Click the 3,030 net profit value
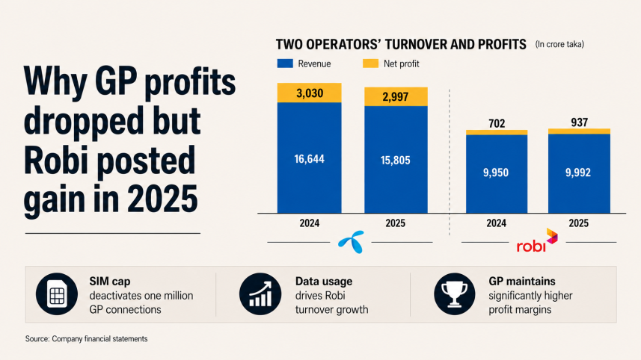click(x=310, y=93)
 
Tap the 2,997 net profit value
click(x=396, y=97)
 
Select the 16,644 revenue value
click(x=309, y=159)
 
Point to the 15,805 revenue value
click(x=396, y=160)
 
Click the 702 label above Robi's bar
click(x=497, y=123)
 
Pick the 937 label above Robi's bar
click(x=579, y=122)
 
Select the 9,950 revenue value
click(x=496, y=173)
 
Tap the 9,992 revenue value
click(x=578, y=173)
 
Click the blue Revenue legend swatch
click(x=285, y=63)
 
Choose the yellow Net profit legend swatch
click(x=370, y=63)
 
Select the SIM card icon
click(x=56, y=294)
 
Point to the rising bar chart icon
click(x=260, y=294)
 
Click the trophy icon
click(x=455, y=294)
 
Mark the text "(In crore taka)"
click(x=559, y=44)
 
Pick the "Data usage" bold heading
click(x=324, y=282)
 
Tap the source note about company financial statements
click(x=86, y=339)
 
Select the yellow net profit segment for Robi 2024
click(x=497, y=132)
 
